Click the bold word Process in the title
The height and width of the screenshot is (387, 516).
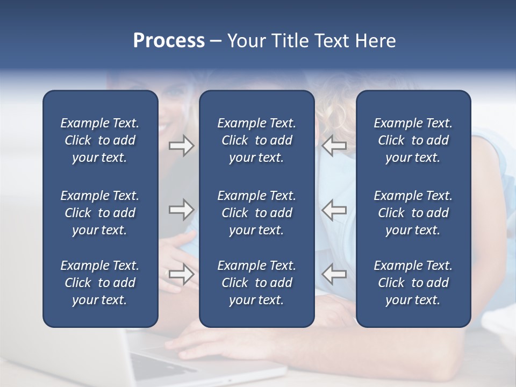(169, 41)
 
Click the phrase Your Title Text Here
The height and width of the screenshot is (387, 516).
(311, 41)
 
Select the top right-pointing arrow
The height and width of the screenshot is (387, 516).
(181, 146)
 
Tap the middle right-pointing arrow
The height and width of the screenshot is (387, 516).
(181, 210)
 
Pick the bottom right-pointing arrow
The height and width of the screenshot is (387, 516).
(181, 274)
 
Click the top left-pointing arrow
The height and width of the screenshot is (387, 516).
(334, 146)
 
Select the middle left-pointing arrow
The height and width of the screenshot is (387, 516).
(334, 210)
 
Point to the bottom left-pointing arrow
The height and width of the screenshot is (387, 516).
(334, 274)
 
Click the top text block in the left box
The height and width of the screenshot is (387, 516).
(100, 140)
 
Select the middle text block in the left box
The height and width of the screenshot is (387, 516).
(100, 213)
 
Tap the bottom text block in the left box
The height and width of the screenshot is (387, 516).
(100, 283)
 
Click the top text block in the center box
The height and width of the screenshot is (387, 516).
(256, 140)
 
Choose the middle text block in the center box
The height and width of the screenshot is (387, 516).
(256, 213)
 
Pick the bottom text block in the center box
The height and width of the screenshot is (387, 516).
(256, 283)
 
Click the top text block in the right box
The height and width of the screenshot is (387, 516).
(413, 140)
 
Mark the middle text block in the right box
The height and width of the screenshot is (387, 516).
(413, 213)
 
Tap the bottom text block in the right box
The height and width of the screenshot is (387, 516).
(413, 283)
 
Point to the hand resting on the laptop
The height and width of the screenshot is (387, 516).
(215, 341)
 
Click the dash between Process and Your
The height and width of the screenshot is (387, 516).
(216, 41)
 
